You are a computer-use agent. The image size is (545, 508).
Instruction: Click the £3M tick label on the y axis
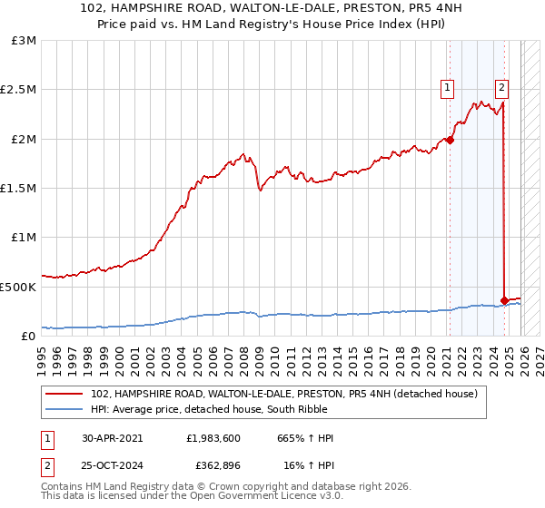[x=25, y=41]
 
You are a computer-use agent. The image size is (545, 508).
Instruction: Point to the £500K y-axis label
[x=19, y=287]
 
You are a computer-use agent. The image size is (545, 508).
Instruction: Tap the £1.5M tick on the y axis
[x=19, y=189]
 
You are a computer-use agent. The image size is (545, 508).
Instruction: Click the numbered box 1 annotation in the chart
[x=448, y=88]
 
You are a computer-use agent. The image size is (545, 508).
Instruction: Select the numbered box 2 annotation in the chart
[x=501, y=88]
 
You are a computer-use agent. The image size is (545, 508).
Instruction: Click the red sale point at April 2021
[x=450, y=140]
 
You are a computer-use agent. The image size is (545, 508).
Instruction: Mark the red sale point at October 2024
[x=504, y=300]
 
